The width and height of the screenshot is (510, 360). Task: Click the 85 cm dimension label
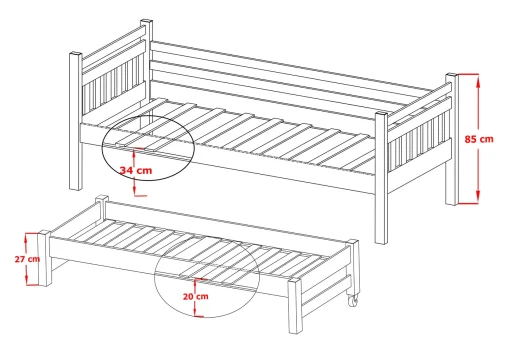[x=479, y=139]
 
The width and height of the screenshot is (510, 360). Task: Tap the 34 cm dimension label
[x=136, y=170]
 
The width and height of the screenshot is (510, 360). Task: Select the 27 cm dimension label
[x=27, y=259]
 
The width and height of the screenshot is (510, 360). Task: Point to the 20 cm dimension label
[x=196, y=296]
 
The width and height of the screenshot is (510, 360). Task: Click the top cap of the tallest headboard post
[x=146, y=22]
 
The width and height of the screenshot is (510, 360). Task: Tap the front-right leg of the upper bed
[x=381, y=177]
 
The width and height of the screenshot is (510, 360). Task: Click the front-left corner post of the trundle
[x=45, y=258]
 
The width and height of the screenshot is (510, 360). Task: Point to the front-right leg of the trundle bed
[x=295, y=306]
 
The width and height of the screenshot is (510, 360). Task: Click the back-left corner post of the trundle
[x=102, y=207]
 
